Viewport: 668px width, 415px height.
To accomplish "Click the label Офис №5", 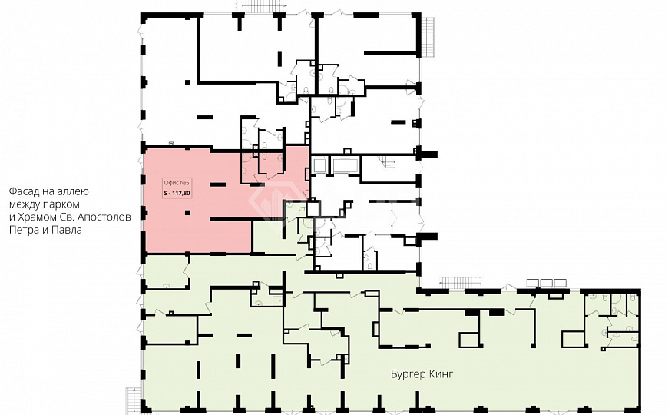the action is tap(176, 183).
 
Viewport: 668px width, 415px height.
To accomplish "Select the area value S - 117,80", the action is tap(177, 193).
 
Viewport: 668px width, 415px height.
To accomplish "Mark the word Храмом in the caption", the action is tap(37, 217).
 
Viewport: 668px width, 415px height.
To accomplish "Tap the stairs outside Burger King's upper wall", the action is tap(461, 283).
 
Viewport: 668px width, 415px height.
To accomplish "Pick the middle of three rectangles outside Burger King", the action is tap(547, 283).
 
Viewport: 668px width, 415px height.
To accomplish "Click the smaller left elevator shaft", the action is tap(319, 165).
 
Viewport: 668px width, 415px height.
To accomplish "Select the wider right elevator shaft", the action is tap(345, 165).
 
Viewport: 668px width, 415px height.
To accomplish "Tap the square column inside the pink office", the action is tap(187, 213).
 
